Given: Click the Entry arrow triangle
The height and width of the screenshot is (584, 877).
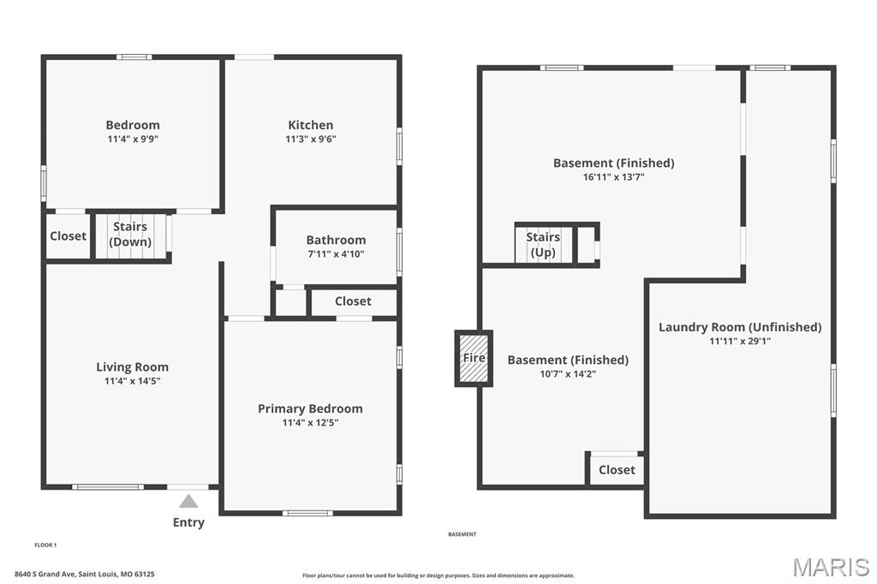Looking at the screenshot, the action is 188,501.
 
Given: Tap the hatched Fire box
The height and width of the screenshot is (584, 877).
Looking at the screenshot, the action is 474,358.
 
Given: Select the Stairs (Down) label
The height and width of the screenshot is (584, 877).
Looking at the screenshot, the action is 130,234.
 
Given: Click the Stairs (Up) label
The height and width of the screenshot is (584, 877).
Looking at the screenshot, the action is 543,244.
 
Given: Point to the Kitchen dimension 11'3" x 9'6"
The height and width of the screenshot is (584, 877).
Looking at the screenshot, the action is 310,139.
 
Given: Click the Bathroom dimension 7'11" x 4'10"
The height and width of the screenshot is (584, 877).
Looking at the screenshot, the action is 336,254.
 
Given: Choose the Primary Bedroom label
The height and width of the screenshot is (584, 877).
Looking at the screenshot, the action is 310,409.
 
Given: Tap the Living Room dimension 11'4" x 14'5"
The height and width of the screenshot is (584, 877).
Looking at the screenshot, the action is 133,381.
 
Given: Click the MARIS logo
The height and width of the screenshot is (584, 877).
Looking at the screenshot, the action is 831,567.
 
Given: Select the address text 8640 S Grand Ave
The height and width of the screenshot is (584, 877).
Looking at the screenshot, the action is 45,574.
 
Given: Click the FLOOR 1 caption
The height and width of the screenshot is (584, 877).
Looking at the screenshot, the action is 46,545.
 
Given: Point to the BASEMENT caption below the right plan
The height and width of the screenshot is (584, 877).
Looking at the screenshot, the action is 462,534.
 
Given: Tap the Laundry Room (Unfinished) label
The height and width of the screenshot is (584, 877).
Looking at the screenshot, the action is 740,327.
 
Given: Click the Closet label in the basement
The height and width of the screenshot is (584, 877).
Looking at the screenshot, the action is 617,470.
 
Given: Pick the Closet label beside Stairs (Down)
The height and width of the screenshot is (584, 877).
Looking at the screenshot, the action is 69,236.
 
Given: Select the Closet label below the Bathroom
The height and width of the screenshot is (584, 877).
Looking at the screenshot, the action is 353,301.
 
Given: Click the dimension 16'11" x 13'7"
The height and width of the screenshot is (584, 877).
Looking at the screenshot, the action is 613,177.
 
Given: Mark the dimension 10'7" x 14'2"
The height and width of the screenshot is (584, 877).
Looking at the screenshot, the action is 568,373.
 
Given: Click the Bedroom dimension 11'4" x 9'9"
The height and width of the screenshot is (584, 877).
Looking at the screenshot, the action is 133,139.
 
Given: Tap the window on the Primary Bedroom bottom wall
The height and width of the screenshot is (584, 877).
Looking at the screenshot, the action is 307,513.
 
